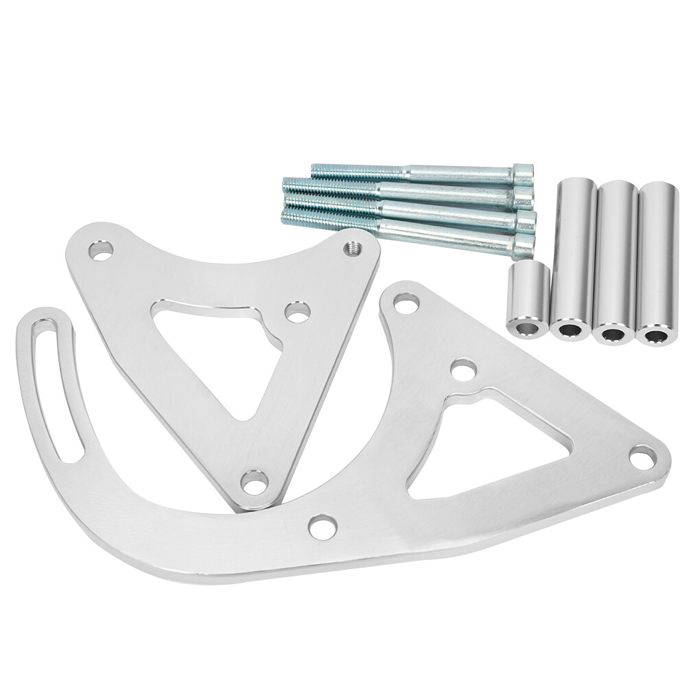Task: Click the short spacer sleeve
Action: [529, 299]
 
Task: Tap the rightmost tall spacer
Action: [657, 261]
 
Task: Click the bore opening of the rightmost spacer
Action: [656, 336]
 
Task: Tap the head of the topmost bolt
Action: [524, 174]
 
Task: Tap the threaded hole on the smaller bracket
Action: [354, 248]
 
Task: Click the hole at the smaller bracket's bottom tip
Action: [255, 482]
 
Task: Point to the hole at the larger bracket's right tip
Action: [642, 456]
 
